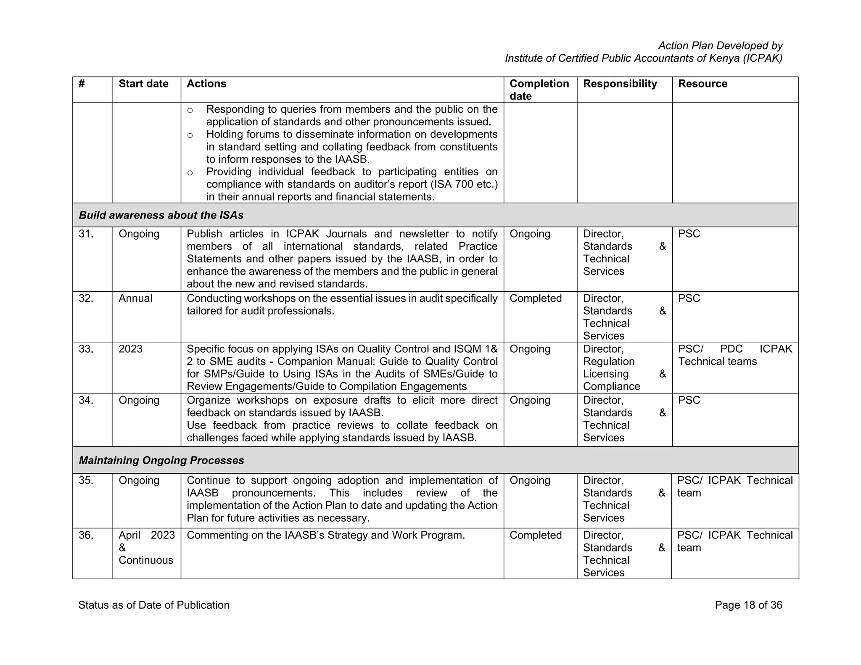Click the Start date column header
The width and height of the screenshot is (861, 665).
click(143, 84)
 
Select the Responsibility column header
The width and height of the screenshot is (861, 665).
click(620, 84)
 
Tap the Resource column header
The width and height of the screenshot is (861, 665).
click(703, 84)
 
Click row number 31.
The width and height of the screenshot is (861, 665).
click(86, 234)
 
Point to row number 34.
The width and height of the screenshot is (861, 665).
click(86, 400)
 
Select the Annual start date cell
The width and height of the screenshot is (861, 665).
click(135, 298)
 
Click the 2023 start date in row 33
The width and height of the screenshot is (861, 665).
click(130, 349)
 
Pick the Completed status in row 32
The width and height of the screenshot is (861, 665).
click(536, 298)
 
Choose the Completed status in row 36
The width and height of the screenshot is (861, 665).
click(536, 535)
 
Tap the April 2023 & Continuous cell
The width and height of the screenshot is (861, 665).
click(146, 547)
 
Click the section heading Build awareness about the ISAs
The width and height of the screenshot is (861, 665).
click(161, 215)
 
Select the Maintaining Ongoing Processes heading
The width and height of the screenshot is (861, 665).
click(161, 460)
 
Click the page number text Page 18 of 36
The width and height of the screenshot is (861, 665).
click(748, 605)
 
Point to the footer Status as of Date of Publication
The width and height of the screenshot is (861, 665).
click(154, 605)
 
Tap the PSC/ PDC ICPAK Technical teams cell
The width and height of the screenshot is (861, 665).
click(734, 355)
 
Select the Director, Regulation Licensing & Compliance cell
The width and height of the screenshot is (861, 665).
click(624, 367)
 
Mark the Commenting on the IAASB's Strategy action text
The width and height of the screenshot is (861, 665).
click(325, 535)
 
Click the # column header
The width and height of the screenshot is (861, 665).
click(82, 84)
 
